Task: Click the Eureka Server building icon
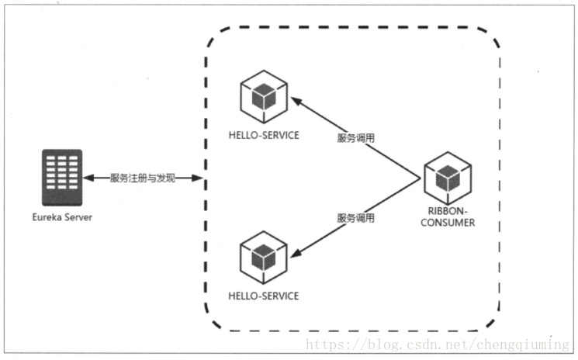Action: tap(62, 177)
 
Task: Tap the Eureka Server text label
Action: tap(62, 217)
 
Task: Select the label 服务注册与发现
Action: tap(142, 178)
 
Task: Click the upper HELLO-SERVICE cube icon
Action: tap(264, 96)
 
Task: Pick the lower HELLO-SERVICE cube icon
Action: tap(264, 258)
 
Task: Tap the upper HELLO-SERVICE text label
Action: tap(264, 135)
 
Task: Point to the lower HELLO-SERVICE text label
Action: tap(264, 296)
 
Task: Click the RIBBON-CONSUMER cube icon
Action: tap(448, 178)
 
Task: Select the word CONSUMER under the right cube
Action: tap(448, 223)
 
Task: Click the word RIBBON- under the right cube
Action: tap(448, 211)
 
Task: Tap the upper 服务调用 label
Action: tap(355, 138)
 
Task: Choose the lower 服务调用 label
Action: tap(355, 218)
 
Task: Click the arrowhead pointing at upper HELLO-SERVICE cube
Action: tap(296, 101)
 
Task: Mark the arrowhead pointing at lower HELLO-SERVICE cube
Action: tap(296, 253)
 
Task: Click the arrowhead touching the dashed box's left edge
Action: tap(197, 178)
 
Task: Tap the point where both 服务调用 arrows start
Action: tap(421, 178)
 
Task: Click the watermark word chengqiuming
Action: tap(523, 345)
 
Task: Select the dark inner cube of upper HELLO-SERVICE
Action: tap(264, 96)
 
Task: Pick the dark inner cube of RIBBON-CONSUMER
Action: tap(448, 178)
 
